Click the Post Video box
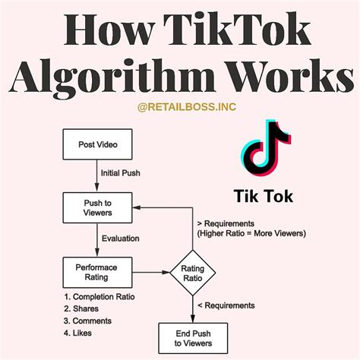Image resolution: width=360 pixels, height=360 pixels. click(x=97, y=144)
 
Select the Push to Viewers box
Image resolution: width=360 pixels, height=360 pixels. click(x=97, y=207)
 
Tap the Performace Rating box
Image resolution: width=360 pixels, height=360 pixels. click(x=97, y=273)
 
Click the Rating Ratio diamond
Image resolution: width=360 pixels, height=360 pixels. click(x=193, y=273)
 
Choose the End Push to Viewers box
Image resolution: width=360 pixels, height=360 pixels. click(x=193, y=338)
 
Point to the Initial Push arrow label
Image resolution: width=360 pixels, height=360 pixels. click(x=121, y=173)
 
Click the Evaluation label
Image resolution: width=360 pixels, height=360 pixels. click(x=121, y=238)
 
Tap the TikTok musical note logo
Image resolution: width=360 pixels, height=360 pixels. click(x=266, y=148)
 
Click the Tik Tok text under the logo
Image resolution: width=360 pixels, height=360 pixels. click(x=264, y=196)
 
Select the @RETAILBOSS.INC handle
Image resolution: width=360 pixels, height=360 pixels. click(x=187, y=107)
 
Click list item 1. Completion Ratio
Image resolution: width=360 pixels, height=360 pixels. click(x=99, y=297)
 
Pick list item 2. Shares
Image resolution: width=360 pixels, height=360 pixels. click(x=81, y=308)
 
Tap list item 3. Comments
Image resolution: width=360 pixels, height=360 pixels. click(x=87, y=321)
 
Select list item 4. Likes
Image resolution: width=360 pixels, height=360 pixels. click(x=77, y=333)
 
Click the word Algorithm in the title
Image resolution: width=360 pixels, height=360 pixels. click(x=112, y=75)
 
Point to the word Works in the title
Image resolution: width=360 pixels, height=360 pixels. click(x=290, y=75)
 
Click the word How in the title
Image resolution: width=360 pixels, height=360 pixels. click(x=109, y=30)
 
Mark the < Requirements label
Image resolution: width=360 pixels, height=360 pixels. click(x=226, y=305)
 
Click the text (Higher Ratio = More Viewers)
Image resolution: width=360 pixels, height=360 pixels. click(x=251, y=233)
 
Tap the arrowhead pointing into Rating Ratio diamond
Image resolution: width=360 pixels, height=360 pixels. click(x=166, y=273)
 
